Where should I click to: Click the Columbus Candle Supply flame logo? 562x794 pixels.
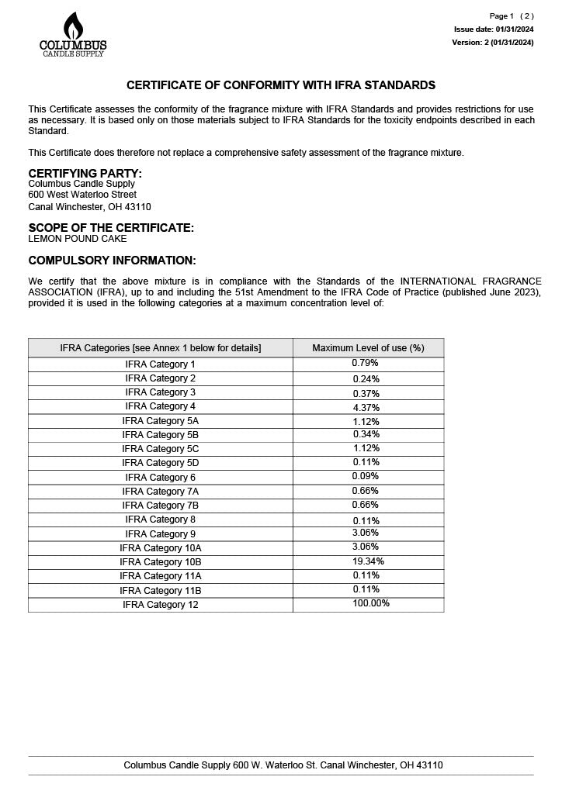click(73, 34)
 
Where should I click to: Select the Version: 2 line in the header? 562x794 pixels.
click(492, 43)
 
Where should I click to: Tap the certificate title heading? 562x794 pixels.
click(281, 85)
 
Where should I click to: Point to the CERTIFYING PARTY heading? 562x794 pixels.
click(85, 173)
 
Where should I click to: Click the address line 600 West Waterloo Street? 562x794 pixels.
click(82, 195)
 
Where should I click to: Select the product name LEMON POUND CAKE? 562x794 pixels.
click(78, 239)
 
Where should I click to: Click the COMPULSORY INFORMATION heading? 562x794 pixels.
click(112, 261)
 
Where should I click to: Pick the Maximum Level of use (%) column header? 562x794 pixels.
click(368, 348)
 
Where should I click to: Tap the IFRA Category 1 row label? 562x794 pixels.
click(161, 364)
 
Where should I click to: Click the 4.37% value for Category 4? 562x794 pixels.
click(366, 406)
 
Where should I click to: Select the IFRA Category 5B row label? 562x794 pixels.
click(161, 435)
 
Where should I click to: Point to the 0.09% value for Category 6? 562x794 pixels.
click(366, 477)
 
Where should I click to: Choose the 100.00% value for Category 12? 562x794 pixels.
click(371, 603)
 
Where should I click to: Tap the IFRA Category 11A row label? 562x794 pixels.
click(161, 576)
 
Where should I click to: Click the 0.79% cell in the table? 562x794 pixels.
click(365, 363)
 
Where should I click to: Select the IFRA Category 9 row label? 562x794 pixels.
click(161, 534)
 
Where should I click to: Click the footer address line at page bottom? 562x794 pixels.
click(283, 765)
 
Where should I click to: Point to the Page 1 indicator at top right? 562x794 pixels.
click(501, 16)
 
